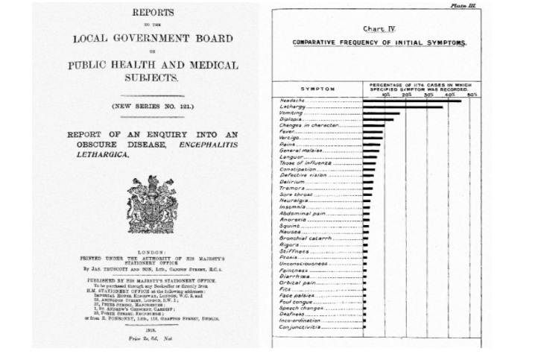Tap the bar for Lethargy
click(x=402, y=107)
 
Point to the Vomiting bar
click(x=381, y=113)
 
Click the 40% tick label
click(x=450, y=95)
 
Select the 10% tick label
click(x=385, y=95)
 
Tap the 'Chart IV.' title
click(x=379, y=29)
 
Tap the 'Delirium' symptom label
click(x=291, y=182)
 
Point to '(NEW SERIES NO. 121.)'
click(x=154, y=107)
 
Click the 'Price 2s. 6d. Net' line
click(x=154, y=338)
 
